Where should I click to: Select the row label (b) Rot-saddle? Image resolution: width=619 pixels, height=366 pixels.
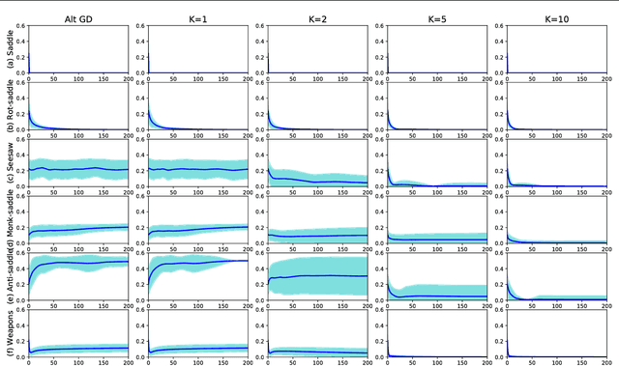point(8,108)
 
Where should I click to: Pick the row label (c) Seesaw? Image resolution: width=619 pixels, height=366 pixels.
point(8,168)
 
